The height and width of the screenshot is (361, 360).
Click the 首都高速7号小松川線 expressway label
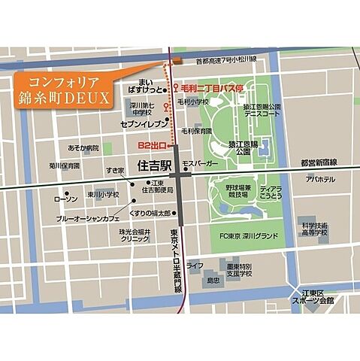click(x=225, y=59)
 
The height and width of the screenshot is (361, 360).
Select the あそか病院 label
click(x=83, y=149)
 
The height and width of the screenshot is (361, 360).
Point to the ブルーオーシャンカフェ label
click(x=89, y=218)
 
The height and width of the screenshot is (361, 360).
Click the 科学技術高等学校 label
click(x=315, y=229)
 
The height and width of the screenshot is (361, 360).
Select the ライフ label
click(x=195, y=265)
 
